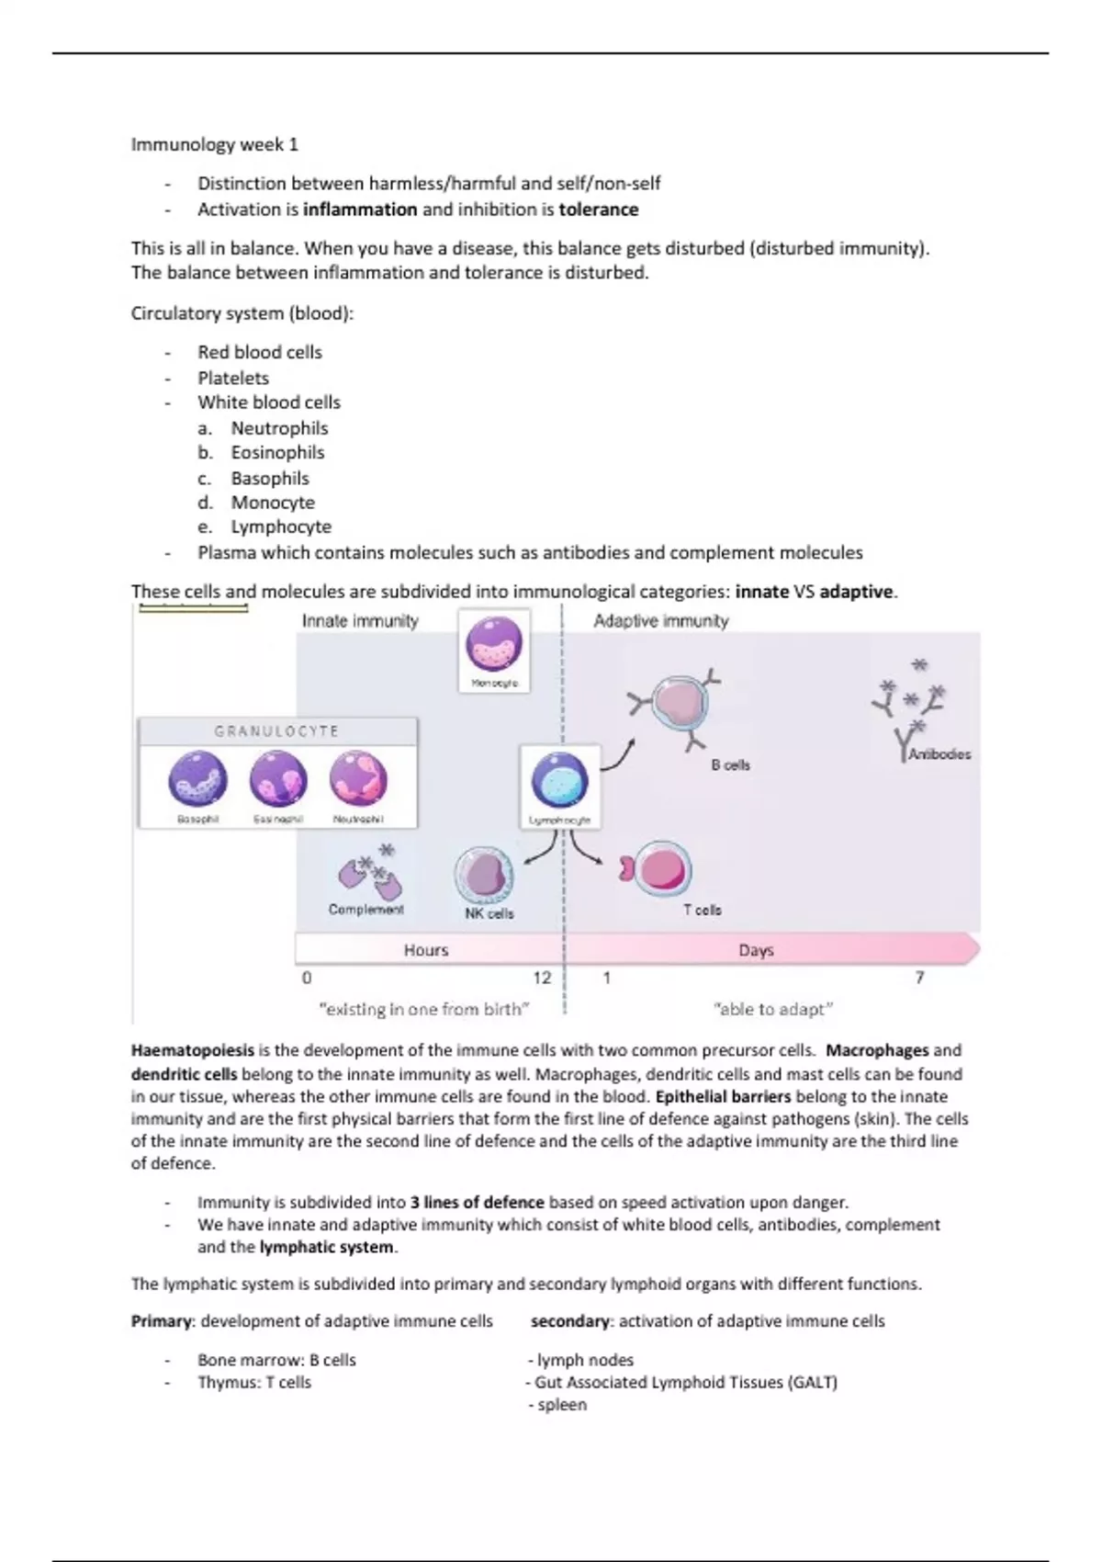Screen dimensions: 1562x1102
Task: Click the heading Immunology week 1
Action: pos(214,144)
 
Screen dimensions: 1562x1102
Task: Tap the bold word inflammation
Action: pos(360,209)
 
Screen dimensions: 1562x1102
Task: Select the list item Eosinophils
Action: pos(277,452)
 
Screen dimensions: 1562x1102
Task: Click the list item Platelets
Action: pos(233,378)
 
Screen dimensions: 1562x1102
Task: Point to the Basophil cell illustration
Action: pos(197,779)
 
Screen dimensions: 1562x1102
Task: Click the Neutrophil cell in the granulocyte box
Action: pos(358,779)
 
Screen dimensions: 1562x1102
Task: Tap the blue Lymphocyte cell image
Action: pos(559,781)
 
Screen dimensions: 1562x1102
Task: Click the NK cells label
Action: pos(489,913)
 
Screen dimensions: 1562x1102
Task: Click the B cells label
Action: pos(730,764)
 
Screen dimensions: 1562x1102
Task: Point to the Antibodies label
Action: pos(939,753)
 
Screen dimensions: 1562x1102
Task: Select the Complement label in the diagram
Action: pos(365,909)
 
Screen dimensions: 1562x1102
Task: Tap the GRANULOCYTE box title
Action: pos(276,731)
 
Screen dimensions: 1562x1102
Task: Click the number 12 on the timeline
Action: pos(542,978)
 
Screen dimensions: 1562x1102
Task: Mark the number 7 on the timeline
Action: pos(919,978)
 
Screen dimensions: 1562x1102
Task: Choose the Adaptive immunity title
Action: pos(660,621)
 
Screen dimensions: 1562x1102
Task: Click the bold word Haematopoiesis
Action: pos(192,1050)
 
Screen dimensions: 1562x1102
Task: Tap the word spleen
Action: pos(562,1405)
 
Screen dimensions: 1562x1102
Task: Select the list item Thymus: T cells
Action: pos(254,1382)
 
